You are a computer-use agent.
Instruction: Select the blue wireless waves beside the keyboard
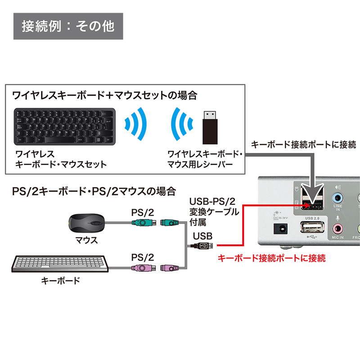pyautogui.click(x=136, y=125)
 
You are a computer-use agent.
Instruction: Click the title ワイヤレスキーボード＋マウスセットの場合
pyautogui.click(x=104, y=95)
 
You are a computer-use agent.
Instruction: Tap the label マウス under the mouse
pyautogui.click(x=87, y=240)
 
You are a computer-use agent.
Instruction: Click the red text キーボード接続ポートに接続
pyautogui.click(x=271, y=258)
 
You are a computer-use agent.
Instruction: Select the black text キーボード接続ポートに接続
pyautogui.click(x=303, y=144)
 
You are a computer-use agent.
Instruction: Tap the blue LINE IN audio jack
pyautogui.click(x=337, y=197)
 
